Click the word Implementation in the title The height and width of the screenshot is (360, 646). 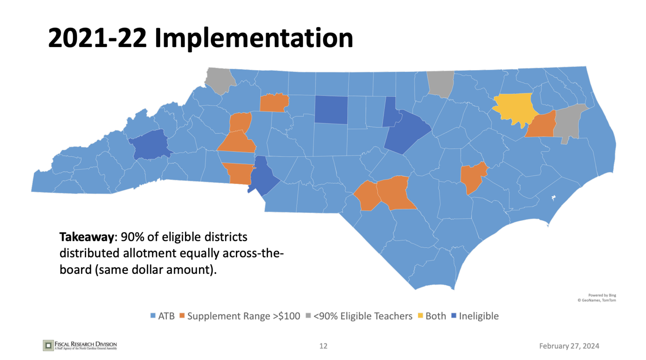pyautogui.click(x=254, y=38)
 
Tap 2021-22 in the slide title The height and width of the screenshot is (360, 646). pyautogui.click(x=98, y=38)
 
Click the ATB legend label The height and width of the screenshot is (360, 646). pyautogui.click(x=166, y=316)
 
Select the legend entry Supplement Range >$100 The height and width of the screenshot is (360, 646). pyautogui.click(x=244, y=316)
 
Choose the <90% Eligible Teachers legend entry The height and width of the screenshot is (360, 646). pyautogui.click(x=363, y=316)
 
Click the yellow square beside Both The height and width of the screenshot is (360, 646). pyautogui.click(x=420, y=316)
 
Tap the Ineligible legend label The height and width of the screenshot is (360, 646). pyautogui.click(x=479, y=316)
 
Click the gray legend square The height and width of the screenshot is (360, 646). pyautogui.click(x=308, y=316)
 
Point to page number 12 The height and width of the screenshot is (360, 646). pyautogui.click(x=323, y=346)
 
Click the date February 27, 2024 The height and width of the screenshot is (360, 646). pyautogui.click(x=569, y=346)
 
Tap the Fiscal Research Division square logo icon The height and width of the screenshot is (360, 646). pyautogui.click(x=48, y=346)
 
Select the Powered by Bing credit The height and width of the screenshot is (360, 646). pyautogui.click(x=602, y=295)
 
